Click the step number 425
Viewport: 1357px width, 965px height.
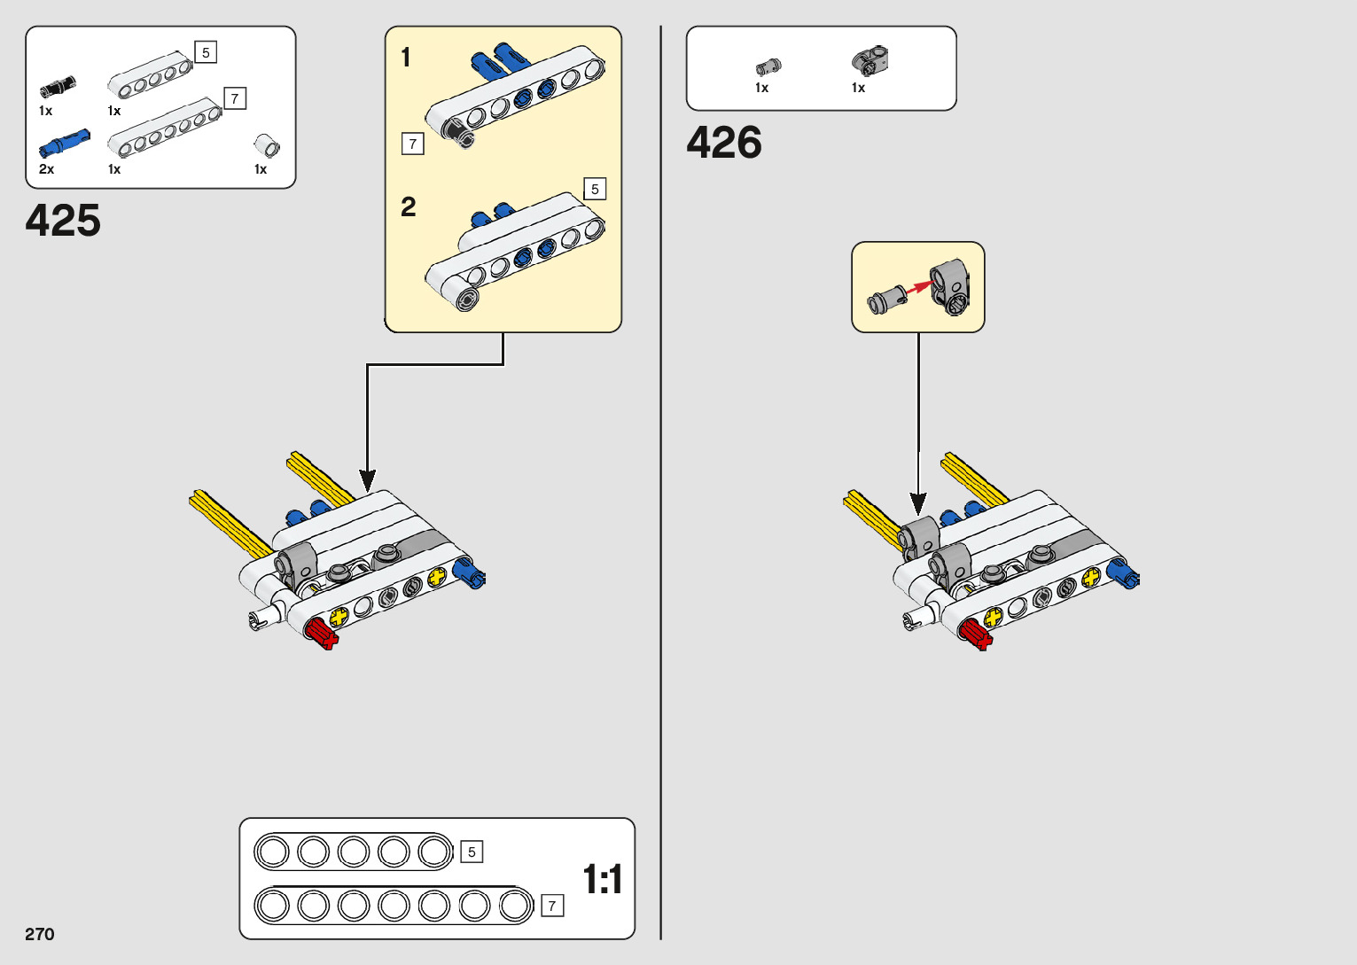(63, 221)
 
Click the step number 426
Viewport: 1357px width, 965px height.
(724, 143)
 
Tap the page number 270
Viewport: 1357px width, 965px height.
(40, 934)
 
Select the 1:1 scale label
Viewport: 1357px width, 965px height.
(603, 880)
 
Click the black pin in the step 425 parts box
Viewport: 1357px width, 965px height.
(58, 87)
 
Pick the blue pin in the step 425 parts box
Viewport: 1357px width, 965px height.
(64, 143)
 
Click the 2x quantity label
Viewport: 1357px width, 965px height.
(46, 169)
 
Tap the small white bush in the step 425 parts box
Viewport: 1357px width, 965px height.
(267, 145)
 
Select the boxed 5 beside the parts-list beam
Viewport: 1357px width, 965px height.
(206, 53)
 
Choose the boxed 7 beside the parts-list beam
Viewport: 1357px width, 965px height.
(235, 98)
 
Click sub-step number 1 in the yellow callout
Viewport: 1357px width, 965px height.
(406, 58)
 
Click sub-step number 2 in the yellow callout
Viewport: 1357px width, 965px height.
(408, 207)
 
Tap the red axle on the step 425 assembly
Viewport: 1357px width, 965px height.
(321, 634)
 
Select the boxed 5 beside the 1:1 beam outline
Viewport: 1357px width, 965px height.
(472, 852)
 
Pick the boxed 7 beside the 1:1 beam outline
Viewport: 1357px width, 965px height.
(552, 906)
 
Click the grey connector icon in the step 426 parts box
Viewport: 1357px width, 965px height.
(870, 60)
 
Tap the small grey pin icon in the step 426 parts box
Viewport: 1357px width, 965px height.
(768, 66)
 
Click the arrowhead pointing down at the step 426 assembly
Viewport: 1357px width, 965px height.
(918, 503)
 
